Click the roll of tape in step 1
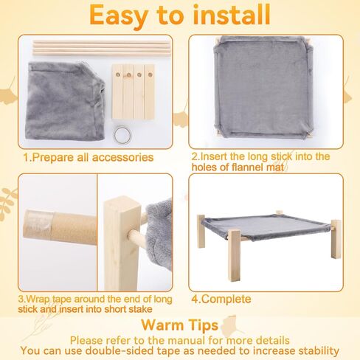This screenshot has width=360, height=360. pyautogui.click(x=122, y=135)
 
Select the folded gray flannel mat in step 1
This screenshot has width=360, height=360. pyautogui.click(x=66, y=101)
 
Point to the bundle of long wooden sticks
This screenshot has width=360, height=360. pyautogui.click(x=102, y=49)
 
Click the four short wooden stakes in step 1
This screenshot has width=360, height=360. pyautogui.click(x=134, y=91)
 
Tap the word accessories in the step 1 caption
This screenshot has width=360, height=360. pyautogui.click(x=122, y=157)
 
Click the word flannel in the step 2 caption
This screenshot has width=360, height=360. pyautogui.click(x=247, y=167)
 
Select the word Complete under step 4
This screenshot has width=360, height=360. pyautogui.click(x=226, y=300)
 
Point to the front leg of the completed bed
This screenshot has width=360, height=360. pyautogui.click(x=234, y=255)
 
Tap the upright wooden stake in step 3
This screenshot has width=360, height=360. pyautogui.click(x=120, y=243)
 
